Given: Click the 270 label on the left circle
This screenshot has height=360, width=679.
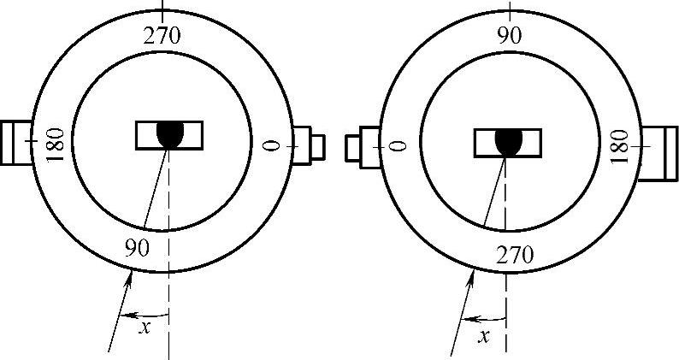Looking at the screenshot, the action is click(x=163, y=36).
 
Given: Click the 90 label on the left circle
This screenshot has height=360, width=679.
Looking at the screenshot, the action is click(x=137, y=249).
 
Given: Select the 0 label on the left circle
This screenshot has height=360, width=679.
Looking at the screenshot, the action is click(x=272, y=145).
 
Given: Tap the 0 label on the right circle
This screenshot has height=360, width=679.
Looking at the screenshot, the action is click(x=397, y=145).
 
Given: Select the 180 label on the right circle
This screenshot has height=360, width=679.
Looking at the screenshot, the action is click(x=622, y=145).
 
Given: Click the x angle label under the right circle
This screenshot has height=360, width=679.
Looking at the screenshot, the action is click(x=484, y=335).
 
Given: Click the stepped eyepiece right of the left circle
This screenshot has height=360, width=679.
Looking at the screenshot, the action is click(x=309, y=145).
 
